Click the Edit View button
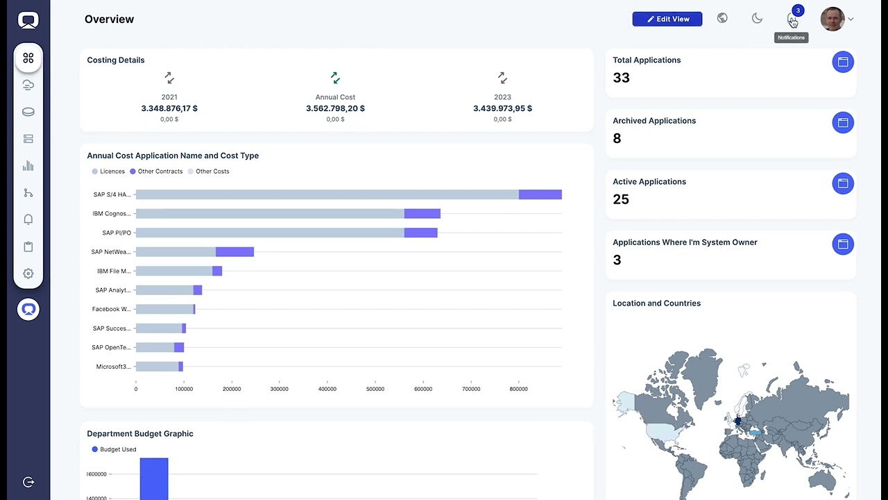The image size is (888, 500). point(667,19)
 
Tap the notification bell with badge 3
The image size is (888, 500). point(792,18)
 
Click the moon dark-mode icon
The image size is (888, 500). point(757,18)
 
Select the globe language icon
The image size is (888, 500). point(722,18)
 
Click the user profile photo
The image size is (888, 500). point(832,19)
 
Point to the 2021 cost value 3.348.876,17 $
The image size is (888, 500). point(169,108)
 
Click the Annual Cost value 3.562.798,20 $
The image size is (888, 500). point(335,108)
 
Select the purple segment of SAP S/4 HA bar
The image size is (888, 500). point(540,194)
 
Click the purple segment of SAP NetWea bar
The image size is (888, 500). point(234,251)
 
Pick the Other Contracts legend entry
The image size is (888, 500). point(156,172)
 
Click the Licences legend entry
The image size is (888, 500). point(108,172)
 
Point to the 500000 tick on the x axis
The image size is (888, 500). point(375,389)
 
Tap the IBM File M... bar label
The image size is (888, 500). point(114,271)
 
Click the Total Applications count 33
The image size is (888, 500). point(621,78)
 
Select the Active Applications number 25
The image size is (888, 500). point(621,199)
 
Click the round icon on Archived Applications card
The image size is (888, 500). point(843,123)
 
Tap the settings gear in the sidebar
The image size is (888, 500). point(28,274)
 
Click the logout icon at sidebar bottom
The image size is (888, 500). point(28,482)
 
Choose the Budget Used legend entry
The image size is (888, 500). point(114,449)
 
